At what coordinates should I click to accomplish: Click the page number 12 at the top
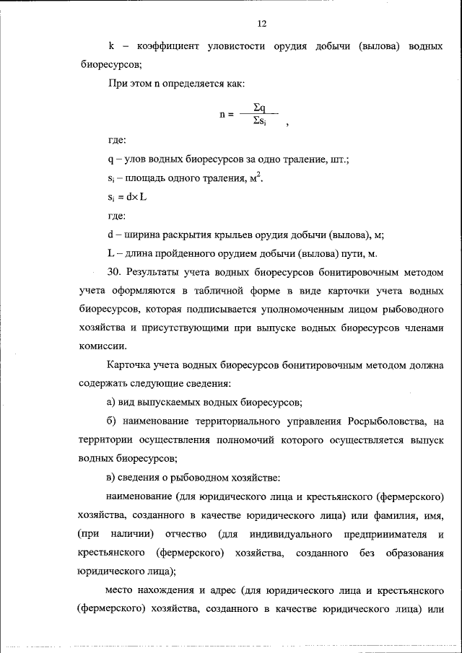click(x=262, y=24)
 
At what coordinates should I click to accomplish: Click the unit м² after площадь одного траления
click(x=255, y=178)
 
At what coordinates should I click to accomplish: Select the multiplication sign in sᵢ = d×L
click(x=134, y=197)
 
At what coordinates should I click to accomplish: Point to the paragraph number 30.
click(x=113, y=272)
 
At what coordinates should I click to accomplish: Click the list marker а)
click(x=111, y=403)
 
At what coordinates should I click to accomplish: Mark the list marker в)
click(x=111, y=478)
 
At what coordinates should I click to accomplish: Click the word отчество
click(x=187, y=534)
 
